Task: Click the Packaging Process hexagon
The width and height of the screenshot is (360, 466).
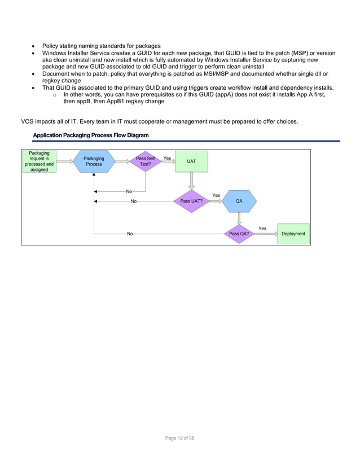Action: (94, 161)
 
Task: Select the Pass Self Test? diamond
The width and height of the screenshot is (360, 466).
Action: (146, 161)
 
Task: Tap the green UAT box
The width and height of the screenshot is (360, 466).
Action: (191, 161)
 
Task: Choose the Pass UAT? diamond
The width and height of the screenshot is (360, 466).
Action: (191, 201)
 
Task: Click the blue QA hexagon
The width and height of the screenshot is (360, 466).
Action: (239, 201)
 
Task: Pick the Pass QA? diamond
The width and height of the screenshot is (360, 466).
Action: (239, 234)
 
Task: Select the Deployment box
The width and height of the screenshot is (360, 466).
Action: (293, 234)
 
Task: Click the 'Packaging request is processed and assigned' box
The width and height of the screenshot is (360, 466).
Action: (39, 161)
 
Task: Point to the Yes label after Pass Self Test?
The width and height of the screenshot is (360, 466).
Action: (167, 159)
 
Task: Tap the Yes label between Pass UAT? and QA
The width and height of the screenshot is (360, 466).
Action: (216, 196)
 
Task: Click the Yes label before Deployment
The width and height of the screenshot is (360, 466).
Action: (262, 228)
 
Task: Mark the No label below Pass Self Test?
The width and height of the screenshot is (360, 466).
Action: (129, 192)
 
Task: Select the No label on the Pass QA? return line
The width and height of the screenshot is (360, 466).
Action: (130, 234)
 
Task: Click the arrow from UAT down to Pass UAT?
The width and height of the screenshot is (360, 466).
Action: (191, 181)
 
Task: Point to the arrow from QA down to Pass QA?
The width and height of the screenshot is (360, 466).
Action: (239, 219)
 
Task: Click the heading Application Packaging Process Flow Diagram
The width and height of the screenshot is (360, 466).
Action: (91, 135)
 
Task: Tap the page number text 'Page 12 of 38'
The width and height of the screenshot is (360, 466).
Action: (179, 438)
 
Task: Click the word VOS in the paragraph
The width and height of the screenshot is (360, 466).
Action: (28, 122)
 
